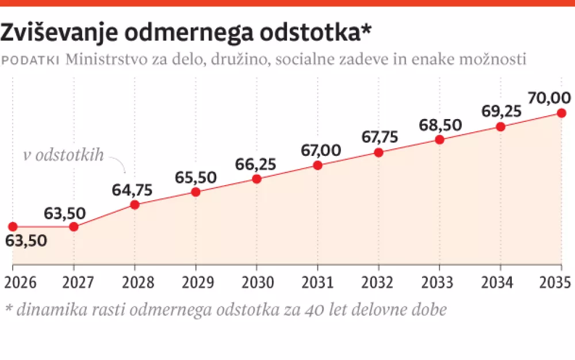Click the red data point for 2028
135,204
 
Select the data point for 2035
562,113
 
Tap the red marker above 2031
317,166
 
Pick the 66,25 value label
256,163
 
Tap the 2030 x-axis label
256,282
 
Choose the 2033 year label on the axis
439,282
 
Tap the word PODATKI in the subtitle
32,60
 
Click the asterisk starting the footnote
9,309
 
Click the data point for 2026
13,227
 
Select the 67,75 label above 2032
378,137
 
